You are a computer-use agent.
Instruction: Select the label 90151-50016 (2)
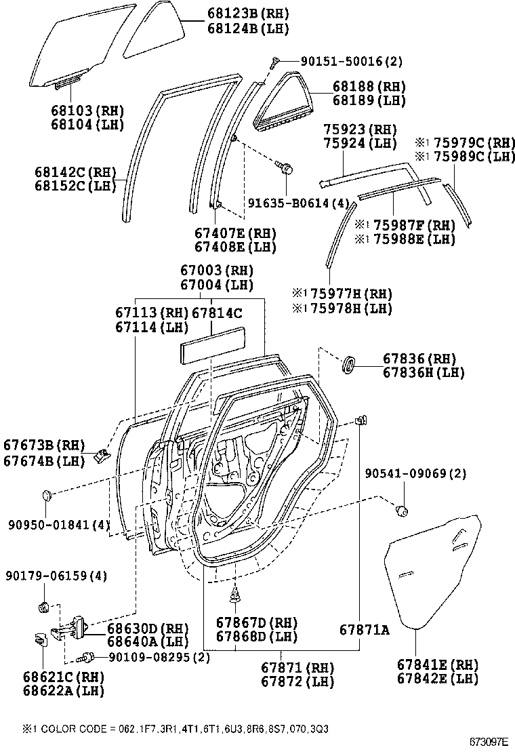click(x=343, y=61)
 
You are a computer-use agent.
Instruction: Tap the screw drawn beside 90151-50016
click(x=274, y=63)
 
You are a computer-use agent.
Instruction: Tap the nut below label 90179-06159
click(x=42, y=605)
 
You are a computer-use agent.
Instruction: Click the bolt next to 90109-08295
click(x=86, y=656)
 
